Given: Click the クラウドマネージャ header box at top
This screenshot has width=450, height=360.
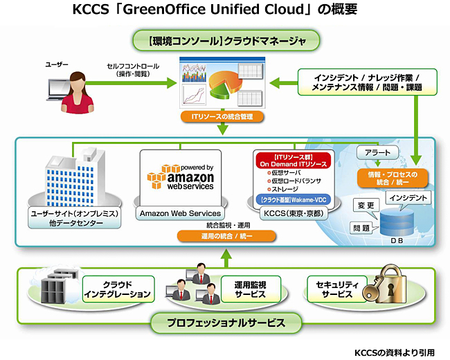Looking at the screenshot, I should click(x=225, y=41).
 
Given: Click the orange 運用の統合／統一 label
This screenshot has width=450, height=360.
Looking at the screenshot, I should click(x=226, y=236).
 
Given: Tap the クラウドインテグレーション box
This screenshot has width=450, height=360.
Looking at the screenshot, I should click(x=117, y=289).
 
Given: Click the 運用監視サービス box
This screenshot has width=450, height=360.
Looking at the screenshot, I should click(x=244, y=289).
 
